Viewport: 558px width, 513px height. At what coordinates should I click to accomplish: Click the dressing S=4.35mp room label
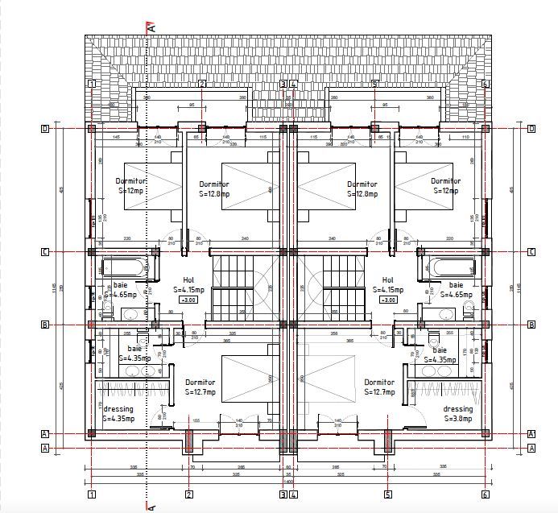coord(118,414)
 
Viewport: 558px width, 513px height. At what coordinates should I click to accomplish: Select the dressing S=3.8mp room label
coord(457,414)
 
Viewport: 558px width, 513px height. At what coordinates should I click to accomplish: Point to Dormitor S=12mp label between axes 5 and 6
coord(445,186)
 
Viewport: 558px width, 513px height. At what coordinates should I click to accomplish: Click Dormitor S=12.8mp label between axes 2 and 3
coord(214,189)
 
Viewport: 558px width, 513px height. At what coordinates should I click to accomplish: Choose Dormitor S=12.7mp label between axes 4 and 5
coord(379,387)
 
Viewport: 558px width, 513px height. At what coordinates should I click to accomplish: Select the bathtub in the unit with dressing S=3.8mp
coord(452,267)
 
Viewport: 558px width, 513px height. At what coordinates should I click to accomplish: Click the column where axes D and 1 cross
coord(93,128)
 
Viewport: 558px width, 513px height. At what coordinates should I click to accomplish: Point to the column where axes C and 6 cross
coord(486,251)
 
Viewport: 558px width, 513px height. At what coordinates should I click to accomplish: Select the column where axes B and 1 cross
coord(93,325)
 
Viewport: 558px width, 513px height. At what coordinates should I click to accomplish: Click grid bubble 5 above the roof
coord(374,84)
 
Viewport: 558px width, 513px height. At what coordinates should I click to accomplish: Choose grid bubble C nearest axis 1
coord(45,251)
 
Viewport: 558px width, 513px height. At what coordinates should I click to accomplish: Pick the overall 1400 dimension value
coord(288,482)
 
